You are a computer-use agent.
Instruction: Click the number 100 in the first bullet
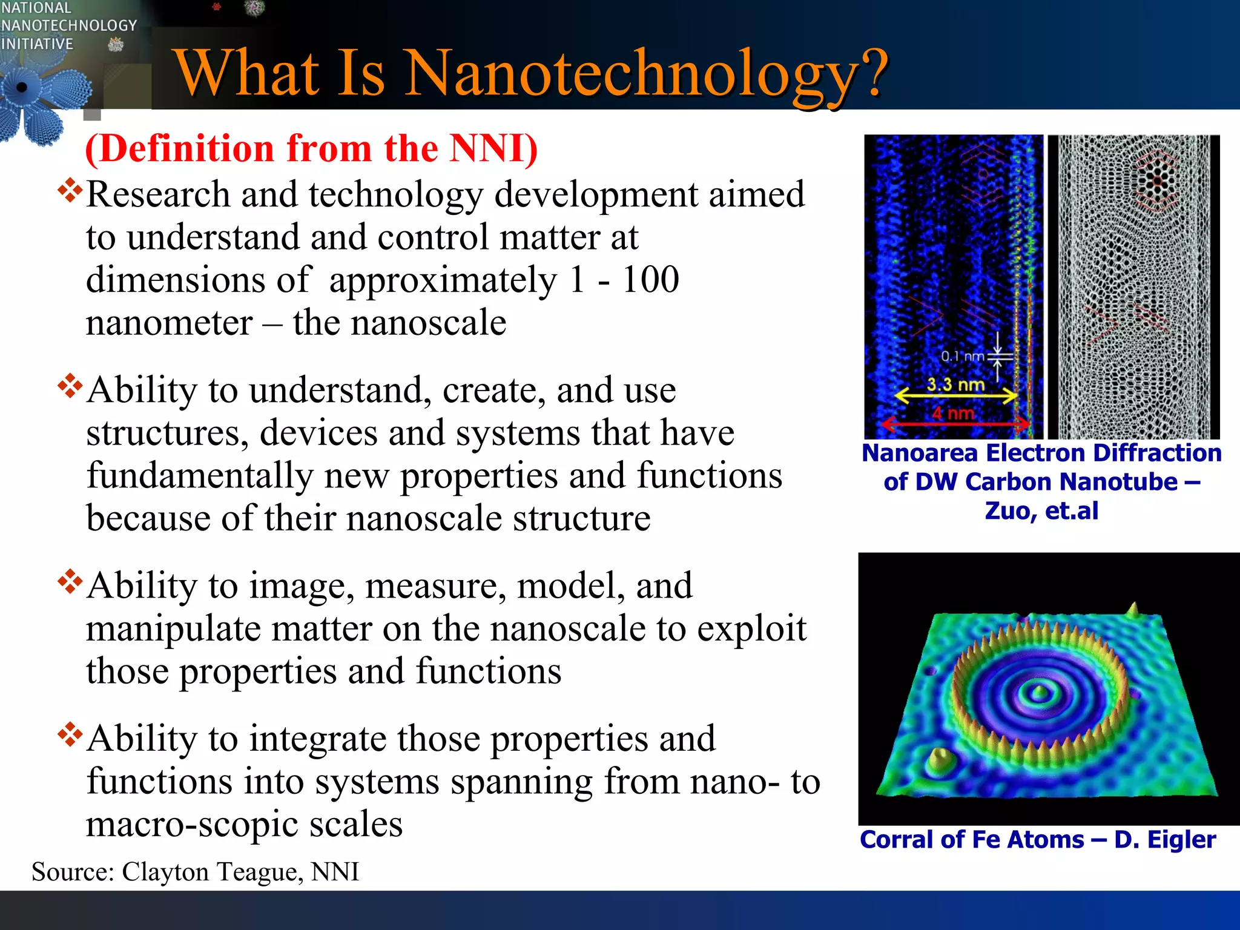(x=650, y=280)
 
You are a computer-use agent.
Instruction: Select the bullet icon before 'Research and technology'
(x=70, y=190)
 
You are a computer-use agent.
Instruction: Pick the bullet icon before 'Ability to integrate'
(x=70, y=734)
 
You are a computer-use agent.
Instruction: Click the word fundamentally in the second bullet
(x=200, y=476)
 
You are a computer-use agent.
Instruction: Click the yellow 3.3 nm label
(x=955, y=384)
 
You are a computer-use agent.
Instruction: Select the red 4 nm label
(x=953, y=414)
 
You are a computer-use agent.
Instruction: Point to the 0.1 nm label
(x=962, y=357)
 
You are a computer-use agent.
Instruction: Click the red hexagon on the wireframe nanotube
(x=1156, y=181)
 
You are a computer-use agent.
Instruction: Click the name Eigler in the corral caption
(x=1181, y=840)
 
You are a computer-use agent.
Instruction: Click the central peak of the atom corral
(x=1040, y=690)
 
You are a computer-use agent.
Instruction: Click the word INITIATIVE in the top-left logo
(x=37, y=44)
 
